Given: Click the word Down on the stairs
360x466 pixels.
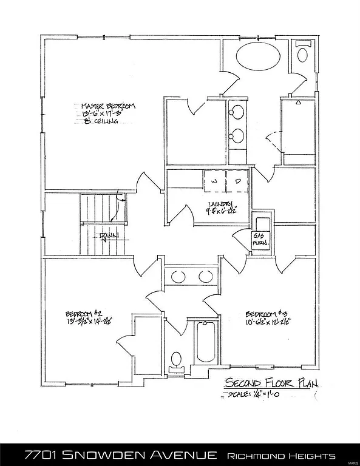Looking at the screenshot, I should pyautogui.click(x=109, y=236).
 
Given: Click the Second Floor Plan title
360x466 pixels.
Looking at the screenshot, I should pyautogui.click(x=271, y=383).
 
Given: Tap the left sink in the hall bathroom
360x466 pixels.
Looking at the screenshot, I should pyautogui.click(x=178, y=277).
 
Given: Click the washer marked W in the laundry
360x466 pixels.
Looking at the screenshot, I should pyautogui.click(x=214, y=180).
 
